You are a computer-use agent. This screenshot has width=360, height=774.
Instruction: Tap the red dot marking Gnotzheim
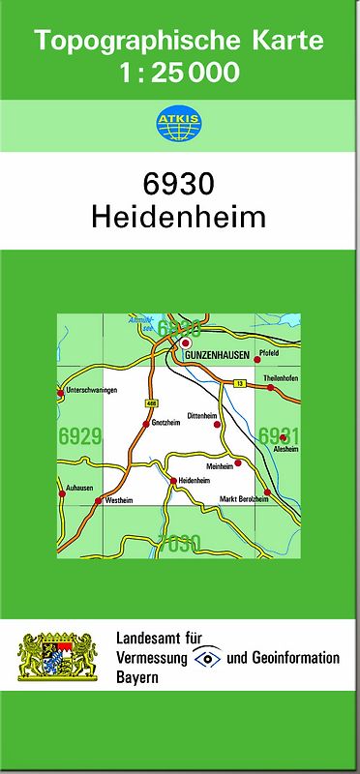[145, 424]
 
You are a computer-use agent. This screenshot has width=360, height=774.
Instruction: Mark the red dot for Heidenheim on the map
[172, 481]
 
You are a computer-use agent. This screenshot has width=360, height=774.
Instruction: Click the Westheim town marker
[99, 501]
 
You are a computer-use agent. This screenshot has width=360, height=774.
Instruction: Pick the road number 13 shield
[238, 384]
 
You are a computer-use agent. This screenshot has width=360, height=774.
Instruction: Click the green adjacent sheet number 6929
[79, 436]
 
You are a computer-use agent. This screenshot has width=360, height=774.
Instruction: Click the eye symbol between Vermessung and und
[207, 658]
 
